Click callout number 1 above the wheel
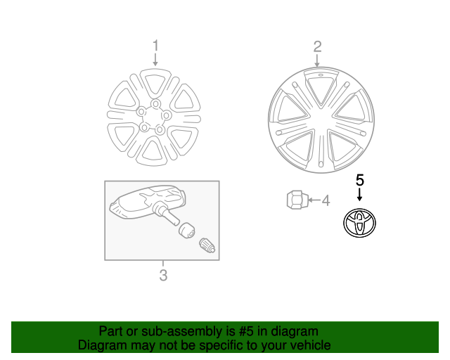point(155,46)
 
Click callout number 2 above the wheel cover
point(317,46)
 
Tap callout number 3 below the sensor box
point(162,275)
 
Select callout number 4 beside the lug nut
point(325,201)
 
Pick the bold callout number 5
point(360,180)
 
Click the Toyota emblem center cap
point(360,222)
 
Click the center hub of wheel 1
point(152,119)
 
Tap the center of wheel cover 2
point(321,120)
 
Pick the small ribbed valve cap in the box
point(208,245)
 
